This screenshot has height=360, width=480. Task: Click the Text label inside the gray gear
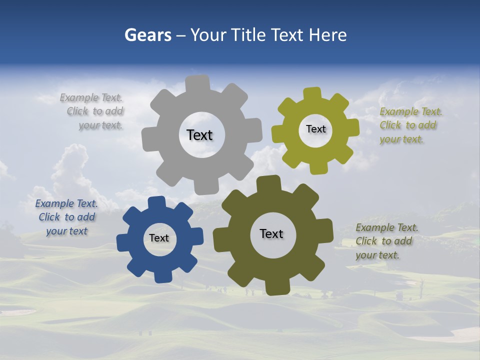coord(200,135)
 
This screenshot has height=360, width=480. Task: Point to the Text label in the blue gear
coord(159,238)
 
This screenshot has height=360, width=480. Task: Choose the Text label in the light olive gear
coord(315,129)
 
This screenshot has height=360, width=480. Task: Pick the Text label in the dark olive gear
coord(271,234)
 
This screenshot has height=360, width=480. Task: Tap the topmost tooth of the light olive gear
coord(312,94)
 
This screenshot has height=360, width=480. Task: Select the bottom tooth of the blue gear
coord(162,275)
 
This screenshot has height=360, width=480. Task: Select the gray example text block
coord(92,111)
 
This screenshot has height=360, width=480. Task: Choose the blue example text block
coord(66,217)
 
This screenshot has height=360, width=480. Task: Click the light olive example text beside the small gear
coord(410,125)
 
